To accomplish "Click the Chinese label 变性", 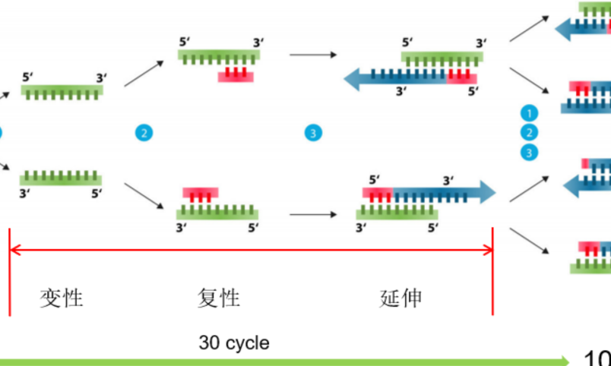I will pyautogui.click(x=61, y=298).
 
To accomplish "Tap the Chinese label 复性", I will pyautogui.click(x=219, y=298).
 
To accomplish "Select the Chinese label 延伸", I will pyautogui.click(x=400, y=298).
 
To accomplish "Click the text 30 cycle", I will pyautogui.click(x=234, y=343).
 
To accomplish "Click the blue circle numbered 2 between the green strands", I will pyautogui.click(x=143, y=133).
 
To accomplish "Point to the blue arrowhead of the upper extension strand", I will pyautogui.click(x=352, y=77).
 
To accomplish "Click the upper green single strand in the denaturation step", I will pyautogui.click(x=62, y=91).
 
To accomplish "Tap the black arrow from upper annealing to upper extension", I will pyautogui.click(x=312, y=55).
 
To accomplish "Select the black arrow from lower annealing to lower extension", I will pyautogui.click(x=312, y=215).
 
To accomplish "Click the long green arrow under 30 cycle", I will pyautogui.click(x=281, y=360).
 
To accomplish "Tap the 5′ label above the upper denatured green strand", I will pyautogui.click(x=28, y=77).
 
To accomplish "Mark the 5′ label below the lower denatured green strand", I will pyautogui.click(x=96, y=194).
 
